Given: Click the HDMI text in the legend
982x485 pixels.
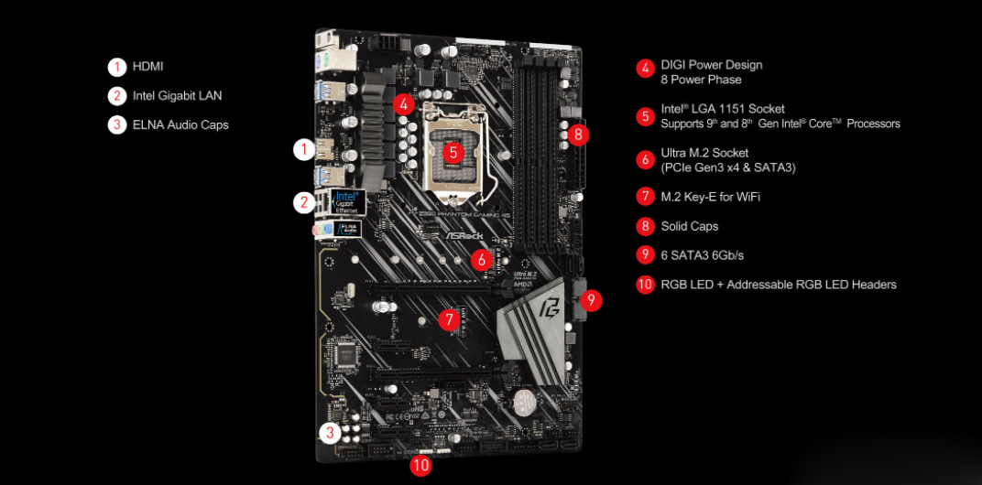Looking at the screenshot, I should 147,67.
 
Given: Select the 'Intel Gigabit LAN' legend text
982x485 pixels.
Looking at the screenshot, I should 177,95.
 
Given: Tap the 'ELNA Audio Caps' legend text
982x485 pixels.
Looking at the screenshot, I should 180,124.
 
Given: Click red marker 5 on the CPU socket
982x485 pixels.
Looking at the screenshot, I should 452,152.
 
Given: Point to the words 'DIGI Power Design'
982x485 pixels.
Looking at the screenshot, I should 711,65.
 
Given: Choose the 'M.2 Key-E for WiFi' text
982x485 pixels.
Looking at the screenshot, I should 710,197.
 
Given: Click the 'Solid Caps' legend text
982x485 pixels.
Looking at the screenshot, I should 689,226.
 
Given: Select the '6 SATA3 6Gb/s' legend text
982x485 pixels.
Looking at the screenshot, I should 702,255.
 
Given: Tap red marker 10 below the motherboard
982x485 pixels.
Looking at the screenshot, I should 420,465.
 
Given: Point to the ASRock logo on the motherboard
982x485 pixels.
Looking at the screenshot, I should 464,234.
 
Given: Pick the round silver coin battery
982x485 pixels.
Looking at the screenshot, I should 524,404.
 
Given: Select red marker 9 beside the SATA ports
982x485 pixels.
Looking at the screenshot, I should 591,298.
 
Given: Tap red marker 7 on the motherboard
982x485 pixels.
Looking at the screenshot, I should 448,319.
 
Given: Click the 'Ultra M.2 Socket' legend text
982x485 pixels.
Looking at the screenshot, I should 704,153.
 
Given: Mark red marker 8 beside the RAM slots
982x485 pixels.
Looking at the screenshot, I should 577,135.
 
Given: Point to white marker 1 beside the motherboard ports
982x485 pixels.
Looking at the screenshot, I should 303,149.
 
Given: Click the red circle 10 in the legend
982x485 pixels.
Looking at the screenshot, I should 645,285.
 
